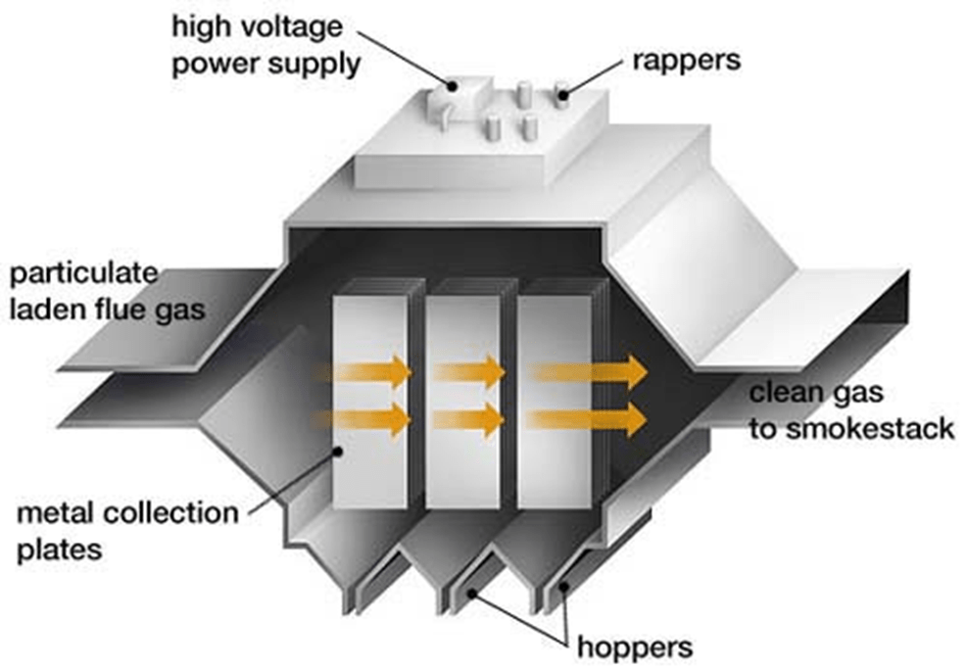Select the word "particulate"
[x=84, y=273]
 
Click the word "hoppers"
[x=635, y=648]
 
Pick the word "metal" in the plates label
[x=55, y=512]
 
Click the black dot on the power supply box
[x=452, y=85]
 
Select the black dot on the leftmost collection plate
[x=338, y=452]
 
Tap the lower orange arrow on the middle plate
[x=469, y=420]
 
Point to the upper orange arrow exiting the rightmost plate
[x=589, y=372]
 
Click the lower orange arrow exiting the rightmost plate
[x=588, y=420]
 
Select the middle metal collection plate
[x=463, y=402]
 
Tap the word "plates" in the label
[x=59, y=550]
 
